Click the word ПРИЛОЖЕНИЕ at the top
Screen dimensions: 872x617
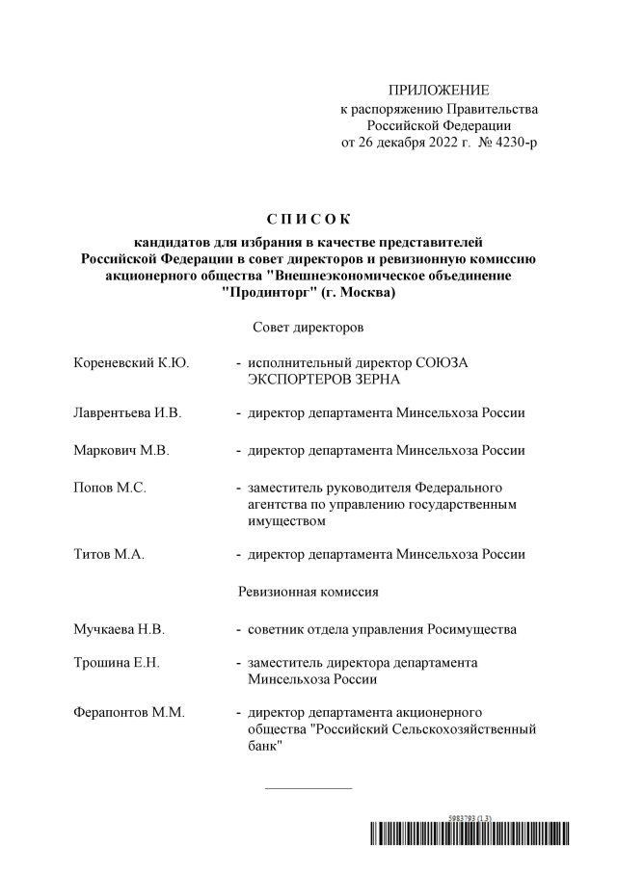[439, 90]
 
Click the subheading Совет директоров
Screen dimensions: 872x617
[308, 329]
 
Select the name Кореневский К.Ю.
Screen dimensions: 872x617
[131, 363]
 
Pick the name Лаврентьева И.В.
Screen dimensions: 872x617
[127, 413]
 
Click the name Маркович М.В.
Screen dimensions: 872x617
[121, 450]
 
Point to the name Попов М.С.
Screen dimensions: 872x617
[110, 488]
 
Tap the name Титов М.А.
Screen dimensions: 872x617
[109, 554]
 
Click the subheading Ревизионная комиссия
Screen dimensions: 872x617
[308, 591]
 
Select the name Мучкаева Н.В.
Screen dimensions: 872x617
[120, 629]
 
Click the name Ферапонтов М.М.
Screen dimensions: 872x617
[129, 712]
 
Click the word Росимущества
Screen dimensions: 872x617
[474, 629]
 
